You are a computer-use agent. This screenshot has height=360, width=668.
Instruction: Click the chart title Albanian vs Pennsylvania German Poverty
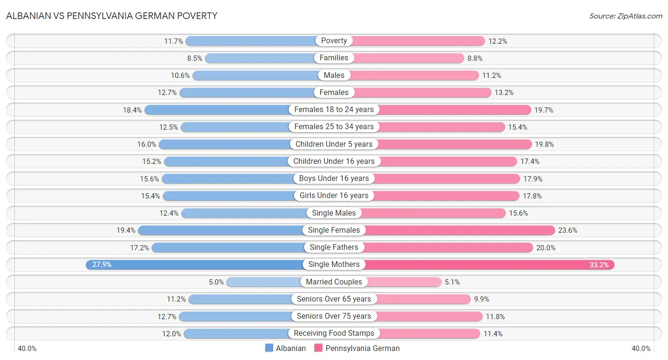(x=112, y=16)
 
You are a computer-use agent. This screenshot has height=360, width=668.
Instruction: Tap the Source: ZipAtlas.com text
(x=625, y=16)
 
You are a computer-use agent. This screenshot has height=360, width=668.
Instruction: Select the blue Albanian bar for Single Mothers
(x=195, y=265)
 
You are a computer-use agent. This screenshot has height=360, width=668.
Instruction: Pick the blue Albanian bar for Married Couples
(x=264, y=282)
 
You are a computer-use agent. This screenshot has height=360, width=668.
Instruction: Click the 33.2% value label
(x=599, y=265)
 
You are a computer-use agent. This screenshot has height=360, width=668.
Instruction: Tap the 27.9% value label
(x=102, y=265)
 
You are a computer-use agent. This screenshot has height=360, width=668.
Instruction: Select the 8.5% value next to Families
(x=194, y=58)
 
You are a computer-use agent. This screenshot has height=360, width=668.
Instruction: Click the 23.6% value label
(x=568, y=230)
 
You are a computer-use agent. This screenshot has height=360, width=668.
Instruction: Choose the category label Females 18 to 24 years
(x=334, y=110)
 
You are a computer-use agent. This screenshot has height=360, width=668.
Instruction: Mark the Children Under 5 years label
(x=334, y=144)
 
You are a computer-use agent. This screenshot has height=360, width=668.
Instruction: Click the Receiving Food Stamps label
(x=334, y=333)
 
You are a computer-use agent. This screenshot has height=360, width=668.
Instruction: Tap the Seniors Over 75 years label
(x=334, y=316)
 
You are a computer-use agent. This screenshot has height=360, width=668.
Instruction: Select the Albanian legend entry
(x=286, y=348)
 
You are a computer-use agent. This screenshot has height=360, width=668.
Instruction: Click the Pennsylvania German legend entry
(x=356, y=348)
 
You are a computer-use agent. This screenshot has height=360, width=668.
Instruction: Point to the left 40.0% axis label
(x=27, y=349)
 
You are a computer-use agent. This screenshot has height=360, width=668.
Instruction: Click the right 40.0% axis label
(x=640, y=349)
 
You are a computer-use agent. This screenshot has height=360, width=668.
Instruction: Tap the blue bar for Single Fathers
(x=228, y=247)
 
